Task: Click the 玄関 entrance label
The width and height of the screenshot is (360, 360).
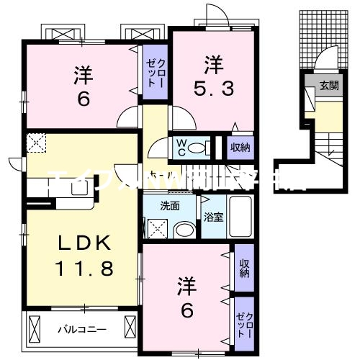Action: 329,85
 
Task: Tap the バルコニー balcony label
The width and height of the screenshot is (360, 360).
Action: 82,330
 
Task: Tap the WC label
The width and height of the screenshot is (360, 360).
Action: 181,148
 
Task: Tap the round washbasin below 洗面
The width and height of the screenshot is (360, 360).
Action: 184,230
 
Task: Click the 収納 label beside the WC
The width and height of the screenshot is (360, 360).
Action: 240,148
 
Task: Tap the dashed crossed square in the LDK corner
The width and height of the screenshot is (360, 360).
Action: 35,143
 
